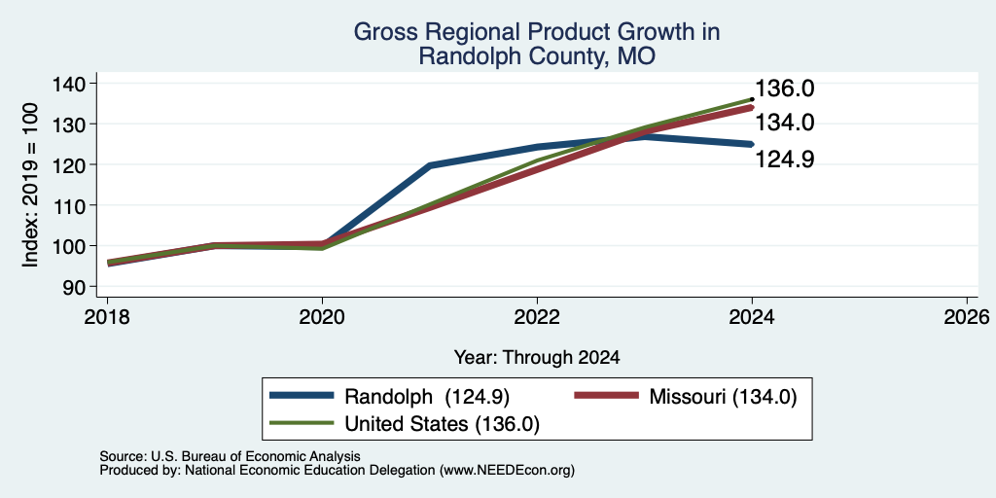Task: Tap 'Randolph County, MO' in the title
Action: click(x=537, y=57)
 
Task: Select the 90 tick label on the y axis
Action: click(x=84, y=287)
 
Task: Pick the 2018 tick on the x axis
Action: click(x=107, y=317)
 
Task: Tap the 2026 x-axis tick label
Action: click(x=968, y=317)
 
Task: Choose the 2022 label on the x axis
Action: click(x=537, y=317)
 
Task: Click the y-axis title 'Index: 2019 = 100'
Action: click(x=30, y=186)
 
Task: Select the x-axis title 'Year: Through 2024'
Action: click(x=537, y=358)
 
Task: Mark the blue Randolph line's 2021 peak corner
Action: click(x=430, y=165)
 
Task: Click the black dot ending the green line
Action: click(x=752, y=99)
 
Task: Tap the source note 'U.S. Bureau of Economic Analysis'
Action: click(x=256, y=456)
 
